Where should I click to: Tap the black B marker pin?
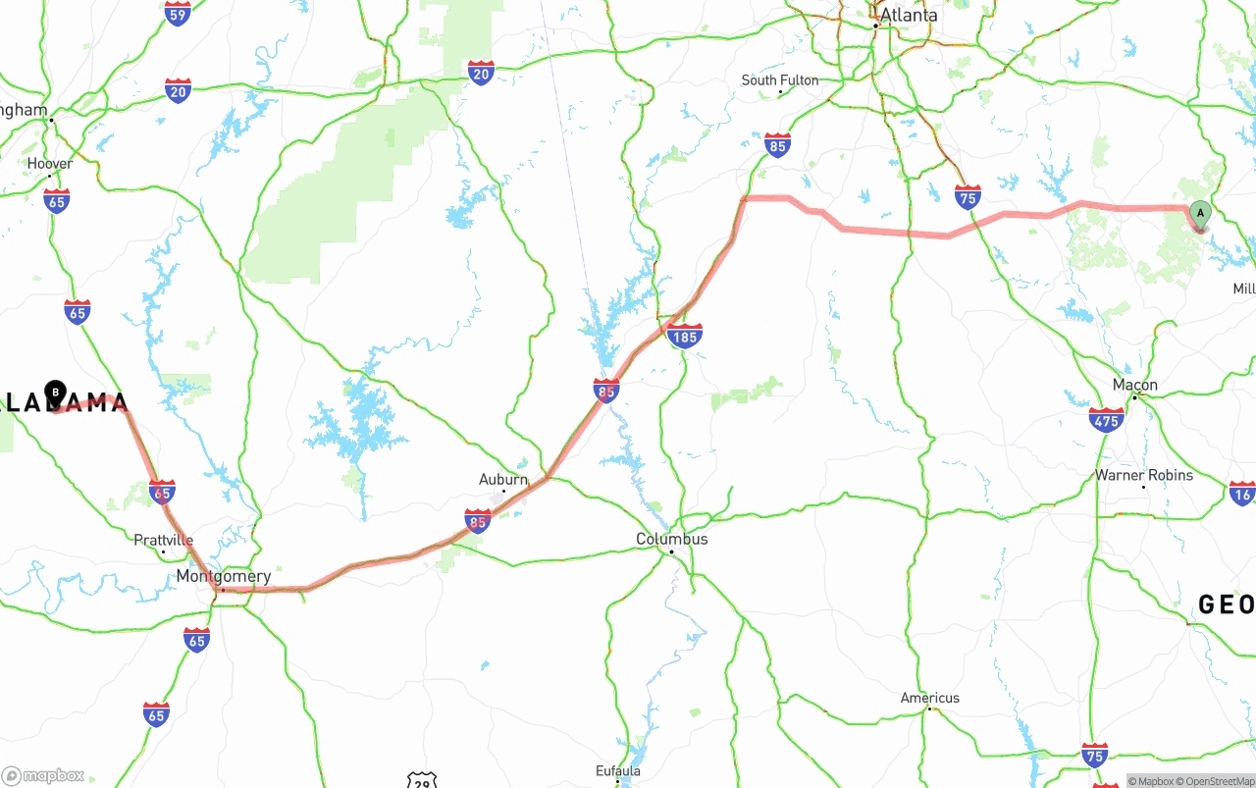click(x=56, y=394)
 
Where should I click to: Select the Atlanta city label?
click(x=908, y=16)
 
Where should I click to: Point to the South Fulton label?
click(x=779, y=79)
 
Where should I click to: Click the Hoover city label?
click(x=49, y=164)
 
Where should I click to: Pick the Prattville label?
click(x=163, y=540)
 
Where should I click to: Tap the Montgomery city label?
click(x=223, y=576)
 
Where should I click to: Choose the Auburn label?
click(x=502, y=479)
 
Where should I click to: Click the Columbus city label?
click(x=671, y=539)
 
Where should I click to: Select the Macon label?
click(x=1134, y=385)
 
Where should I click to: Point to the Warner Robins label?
click(x=1144, y=475)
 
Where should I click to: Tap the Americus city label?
click(x=929, y=698)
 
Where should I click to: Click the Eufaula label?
click(x=618, y=770)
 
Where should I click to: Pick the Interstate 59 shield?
click(x=178, y=14)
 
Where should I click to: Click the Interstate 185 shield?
click(x=684, y=337)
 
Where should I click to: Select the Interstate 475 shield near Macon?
click(x=1106, y=420)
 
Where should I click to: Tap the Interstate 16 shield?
click(x=1242, y=494)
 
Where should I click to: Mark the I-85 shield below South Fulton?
click(x=777, y=145)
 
